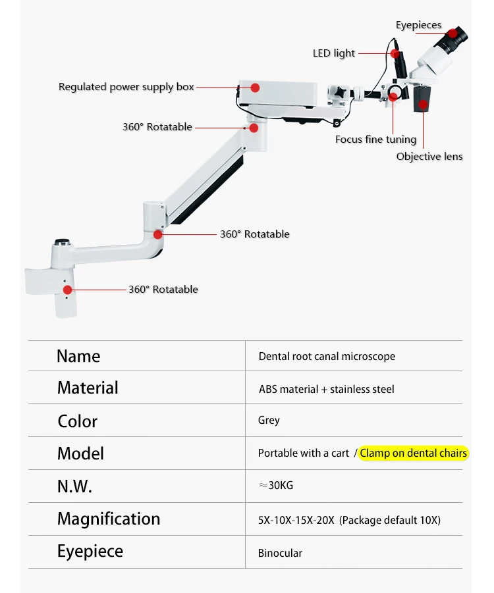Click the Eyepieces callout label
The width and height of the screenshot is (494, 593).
418,26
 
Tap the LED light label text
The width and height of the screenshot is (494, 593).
333,53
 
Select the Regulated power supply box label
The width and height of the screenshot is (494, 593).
126,87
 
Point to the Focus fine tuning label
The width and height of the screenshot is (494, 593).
375,140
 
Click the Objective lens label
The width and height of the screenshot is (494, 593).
429,157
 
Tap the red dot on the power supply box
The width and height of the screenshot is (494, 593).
255,87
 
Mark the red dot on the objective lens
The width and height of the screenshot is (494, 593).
422,103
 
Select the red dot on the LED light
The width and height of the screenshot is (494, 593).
395,53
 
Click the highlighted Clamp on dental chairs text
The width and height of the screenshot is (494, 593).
414,453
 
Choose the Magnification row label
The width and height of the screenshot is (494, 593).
109,519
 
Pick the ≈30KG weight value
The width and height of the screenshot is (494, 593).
276,486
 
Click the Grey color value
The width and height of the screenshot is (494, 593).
269,420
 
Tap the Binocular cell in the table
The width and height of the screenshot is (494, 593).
280,553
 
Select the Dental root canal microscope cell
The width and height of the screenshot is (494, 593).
327,356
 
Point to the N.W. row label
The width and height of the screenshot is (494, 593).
74,486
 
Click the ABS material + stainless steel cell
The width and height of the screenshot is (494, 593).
326,389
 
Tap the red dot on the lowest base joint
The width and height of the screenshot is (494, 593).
67,289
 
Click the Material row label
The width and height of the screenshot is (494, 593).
88,388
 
